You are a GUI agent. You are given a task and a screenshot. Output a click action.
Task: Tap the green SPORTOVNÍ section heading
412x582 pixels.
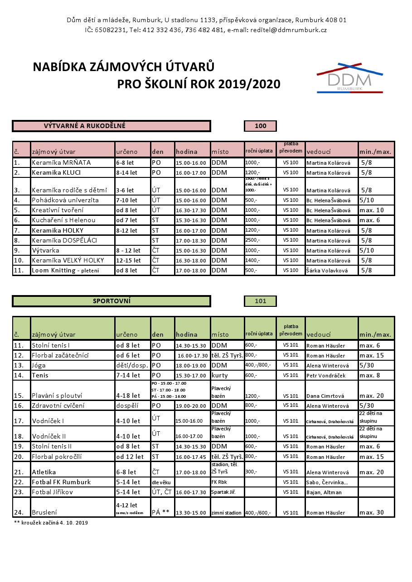(111, 301)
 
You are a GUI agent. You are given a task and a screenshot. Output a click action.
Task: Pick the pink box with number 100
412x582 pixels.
(260, 126)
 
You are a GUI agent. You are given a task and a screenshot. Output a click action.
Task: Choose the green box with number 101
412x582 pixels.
(260, 301)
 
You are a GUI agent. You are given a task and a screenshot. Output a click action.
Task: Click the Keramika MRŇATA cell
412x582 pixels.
(61, 163)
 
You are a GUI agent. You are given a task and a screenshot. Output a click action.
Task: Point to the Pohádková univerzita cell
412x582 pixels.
(65, 200)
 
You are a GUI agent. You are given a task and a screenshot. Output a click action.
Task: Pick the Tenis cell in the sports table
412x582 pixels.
(40, 375)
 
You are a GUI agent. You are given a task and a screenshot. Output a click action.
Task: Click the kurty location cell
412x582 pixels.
(219, 375)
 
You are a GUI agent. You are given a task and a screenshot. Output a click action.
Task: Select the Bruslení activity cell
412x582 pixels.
(44, 513)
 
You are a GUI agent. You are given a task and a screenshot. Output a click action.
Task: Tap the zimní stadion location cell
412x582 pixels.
(227, 513)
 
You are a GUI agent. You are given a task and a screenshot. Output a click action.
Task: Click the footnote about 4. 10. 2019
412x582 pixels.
(51, 523)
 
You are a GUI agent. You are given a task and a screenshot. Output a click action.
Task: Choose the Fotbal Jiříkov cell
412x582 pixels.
(52, 492)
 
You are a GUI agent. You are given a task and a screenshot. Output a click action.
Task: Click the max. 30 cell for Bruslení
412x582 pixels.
(372, 513)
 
